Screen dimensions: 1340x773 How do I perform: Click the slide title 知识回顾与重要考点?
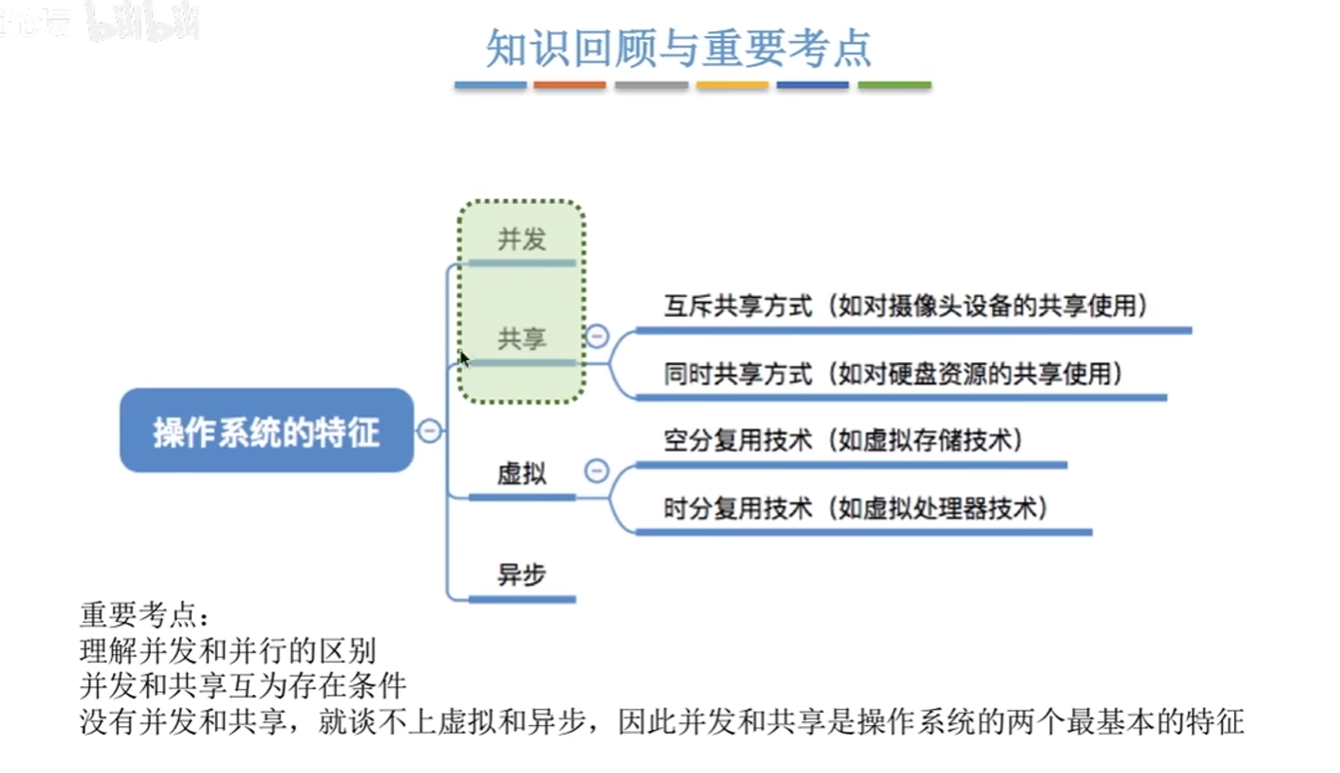point(678,48)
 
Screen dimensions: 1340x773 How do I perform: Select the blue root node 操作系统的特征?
point(267,430)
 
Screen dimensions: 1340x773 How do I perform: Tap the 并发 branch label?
point(522,239)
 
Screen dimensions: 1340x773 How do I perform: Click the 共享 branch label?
point(522,339)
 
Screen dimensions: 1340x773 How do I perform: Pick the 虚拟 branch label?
point(522,474)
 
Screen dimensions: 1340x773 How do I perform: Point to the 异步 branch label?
point(522,574)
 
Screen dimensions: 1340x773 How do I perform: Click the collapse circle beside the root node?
point(429,430)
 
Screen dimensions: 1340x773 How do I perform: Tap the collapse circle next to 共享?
point(597,336)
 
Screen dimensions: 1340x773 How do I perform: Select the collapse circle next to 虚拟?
point(597,470)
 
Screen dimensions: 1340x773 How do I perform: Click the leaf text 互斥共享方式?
point(739,306)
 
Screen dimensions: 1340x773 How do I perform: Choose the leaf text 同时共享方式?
point(739,374)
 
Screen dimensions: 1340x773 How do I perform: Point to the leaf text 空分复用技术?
point(739,441)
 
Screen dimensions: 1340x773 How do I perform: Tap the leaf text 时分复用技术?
point(739,508)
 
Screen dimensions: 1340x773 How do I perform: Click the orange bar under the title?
point(569,86)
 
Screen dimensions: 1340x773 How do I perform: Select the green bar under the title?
point(894,86)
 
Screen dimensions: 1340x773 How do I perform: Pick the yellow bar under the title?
point(732,86)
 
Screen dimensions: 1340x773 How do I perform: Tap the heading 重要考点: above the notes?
point(144,615)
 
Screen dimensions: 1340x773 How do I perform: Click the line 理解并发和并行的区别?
point(228,651)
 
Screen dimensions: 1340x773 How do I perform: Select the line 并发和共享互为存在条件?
point(243,685)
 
